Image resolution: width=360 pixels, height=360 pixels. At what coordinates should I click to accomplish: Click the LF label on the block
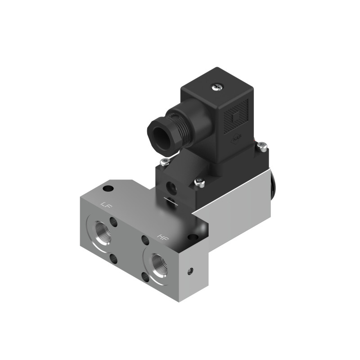coord(106,205)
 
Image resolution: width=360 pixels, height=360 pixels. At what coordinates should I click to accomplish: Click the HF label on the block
coord(162,236)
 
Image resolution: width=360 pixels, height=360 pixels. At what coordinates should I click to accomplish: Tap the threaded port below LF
coord(101,229)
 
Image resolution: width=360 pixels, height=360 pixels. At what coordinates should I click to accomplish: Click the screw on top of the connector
coord(217,85)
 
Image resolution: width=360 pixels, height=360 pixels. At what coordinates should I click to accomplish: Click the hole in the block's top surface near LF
coord(108,188)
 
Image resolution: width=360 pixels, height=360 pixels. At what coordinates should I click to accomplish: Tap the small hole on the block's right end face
coord(191,271)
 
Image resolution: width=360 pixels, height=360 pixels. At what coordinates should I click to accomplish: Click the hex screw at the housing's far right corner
coord(263,145)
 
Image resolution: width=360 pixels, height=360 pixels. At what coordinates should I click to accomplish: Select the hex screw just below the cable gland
coord(165,162)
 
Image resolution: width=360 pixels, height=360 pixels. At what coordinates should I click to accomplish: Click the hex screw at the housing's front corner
coord(198,183)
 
